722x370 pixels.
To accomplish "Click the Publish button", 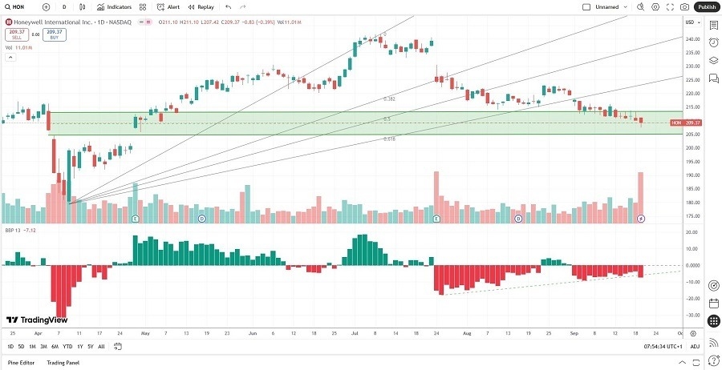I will (706, 6).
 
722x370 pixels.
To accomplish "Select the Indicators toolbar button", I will (115, 6).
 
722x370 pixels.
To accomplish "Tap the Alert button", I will (169, 6).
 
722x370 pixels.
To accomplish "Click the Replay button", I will (201, 6).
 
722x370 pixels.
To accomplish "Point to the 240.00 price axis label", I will (691, 38).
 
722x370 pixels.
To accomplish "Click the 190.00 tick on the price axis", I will (691, 175).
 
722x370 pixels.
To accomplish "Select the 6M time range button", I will (55, 346).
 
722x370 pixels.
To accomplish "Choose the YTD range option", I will (67, 346).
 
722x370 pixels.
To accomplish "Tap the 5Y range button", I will (90, 346).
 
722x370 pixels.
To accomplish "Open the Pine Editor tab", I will (21, 363).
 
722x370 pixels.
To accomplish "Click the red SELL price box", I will (17, 34).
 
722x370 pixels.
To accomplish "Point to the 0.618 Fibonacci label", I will (388, 139).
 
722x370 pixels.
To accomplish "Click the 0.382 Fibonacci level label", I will (389, 99).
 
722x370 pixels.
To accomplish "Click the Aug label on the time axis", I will (465, 332).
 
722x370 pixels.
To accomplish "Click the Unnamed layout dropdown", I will (611, 6).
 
